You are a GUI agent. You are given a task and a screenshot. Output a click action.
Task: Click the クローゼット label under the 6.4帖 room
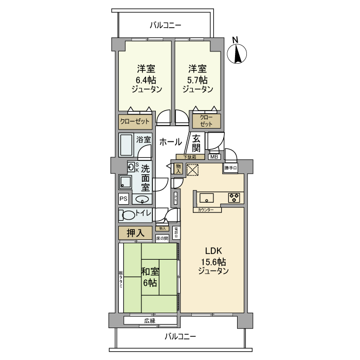pos(135,122)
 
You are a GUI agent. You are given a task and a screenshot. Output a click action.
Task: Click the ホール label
pos(169,142)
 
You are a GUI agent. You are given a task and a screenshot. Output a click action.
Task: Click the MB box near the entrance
pos(214,157)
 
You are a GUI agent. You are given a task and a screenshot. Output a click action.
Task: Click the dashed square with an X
pos(192,170)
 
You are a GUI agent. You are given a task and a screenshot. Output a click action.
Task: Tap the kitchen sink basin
pos(208,197)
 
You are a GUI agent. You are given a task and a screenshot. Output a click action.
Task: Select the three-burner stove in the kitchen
pos(233,197)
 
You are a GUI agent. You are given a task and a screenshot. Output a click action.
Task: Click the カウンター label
pos(204,210)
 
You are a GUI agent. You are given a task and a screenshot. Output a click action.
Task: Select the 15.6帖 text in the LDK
pos(212,261)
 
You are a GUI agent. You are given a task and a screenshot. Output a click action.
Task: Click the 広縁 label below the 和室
pos(150,320)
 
